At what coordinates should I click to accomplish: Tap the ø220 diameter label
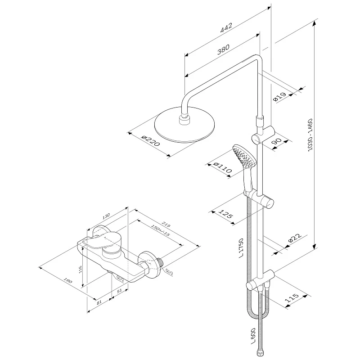tap(150, 142)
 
